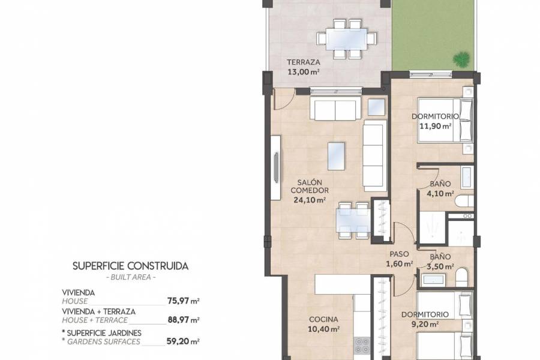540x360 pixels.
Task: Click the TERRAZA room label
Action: tap(303, 62)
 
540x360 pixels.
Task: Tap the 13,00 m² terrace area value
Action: tap(303, 71)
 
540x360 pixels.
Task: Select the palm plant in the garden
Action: tap(461, 58)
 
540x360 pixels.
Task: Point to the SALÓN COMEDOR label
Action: tap(309, 187)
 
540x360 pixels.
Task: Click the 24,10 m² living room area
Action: tap(309, 201)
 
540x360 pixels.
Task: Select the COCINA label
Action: tap(324, 320)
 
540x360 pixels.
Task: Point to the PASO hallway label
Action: tap(399, 254)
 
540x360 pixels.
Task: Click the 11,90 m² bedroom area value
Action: tap(436, 126)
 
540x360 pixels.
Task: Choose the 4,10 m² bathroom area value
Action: tap(440, 194)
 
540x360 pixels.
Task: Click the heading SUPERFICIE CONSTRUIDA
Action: tap(130, 265)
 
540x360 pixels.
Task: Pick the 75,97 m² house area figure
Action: tap(182, 301)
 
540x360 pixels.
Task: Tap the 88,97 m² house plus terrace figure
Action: tap(182, 320)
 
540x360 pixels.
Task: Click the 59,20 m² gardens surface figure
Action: tap(182, 341)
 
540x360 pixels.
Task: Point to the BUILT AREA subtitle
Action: tap(130, 277)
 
